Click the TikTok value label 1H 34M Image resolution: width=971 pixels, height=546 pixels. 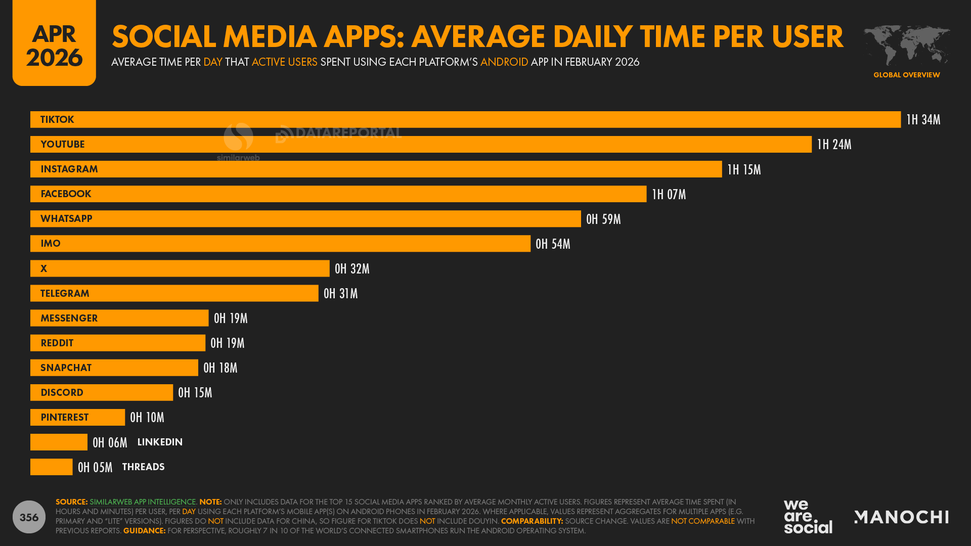(x=923, y=120)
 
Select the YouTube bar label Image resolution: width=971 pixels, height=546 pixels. (x=63, y=145)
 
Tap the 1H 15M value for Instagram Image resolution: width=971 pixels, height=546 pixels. (x=743, y=170)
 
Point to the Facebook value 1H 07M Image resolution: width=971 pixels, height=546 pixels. (x=669, y=195)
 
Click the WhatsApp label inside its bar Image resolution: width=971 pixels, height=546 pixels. (x=66, y=219)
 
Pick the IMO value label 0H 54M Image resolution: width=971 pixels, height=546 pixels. (x=553, y=244)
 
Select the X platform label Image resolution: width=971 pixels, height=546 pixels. (x=44, y=269)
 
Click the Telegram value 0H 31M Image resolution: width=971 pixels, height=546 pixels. (x=340, y=294)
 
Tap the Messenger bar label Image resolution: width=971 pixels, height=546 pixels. (x=69, y=318)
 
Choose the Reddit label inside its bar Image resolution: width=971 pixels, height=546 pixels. (x=57, y=343)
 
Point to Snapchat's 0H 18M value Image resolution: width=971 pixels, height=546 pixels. (x=220, y=368)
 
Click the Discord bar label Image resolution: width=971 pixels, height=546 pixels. (x=62, y=393)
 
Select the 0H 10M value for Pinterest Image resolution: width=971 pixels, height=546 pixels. (x=147, y=418)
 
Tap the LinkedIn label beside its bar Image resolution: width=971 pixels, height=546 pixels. (x=160, y=442)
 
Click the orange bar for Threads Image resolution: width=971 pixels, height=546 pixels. (x=52, y=467)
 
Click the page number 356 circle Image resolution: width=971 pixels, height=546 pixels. (x=29, y=517)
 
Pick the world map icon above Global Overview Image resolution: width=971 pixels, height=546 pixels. (x=906, y=45)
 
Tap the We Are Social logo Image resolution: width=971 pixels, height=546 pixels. (x=808, y=516)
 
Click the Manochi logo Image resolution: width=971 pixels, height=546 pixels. (x=901, y=517)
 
